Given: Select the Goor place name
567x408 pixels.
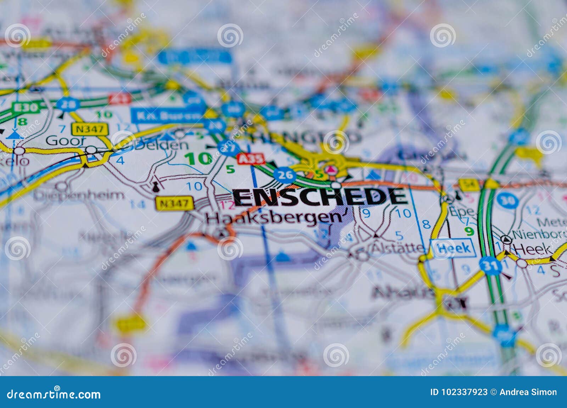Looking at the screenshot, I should tap(66, 141).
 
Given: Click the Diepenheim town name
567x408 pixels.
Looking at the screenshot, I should tap(79, 195).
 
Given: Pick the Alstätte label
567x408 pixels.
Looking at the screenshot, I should tap(397, 248).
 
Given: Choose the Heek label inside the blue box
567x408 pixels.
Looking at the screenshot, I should tap(453, 248).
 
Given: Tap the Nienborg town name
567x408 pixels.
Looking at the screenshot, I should tap(539, 235).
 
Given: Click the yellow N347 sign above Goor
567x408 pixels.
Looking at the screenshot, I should tap(89, 129).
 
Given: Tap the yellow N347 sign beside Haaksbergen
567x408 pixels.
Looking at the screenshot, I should tap(174, 203).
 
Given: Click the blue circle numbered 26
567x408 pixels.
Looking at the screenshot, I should tap(285, 174).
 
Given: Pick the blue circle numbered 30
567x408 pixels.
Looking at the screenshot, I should tap(507, 201).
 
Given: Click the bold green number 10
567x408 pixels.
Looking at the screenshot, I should tap(198, 159).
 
